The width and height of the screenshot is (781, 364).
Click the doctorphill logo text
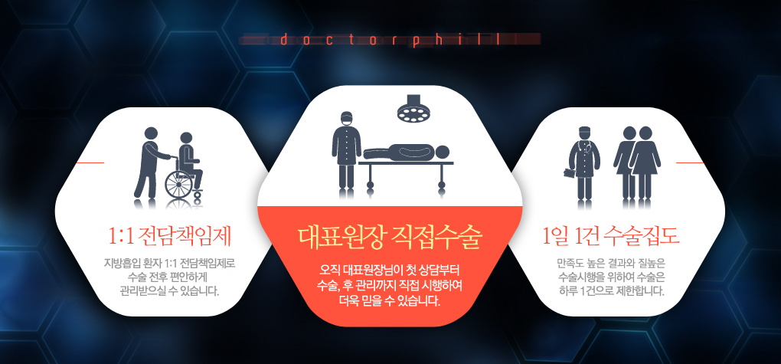click(390, 40)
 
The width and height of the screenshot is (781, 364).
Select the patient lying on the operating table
click(407, 151)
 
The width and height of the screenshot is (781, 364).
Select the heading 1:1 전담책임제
click(170, 237)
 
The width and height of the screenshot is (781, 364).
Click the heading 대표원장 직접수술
click(390, 238)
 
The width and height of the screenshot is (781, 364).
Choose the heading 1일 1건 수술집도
click(611, 237)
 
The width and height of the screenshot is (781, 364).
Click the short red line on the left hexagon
click(90, 162)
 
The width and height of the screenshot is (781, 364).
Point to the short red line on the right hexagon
click(690, 162)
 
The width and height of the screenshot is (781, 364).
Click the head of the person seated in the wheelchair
click(185, 139)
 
